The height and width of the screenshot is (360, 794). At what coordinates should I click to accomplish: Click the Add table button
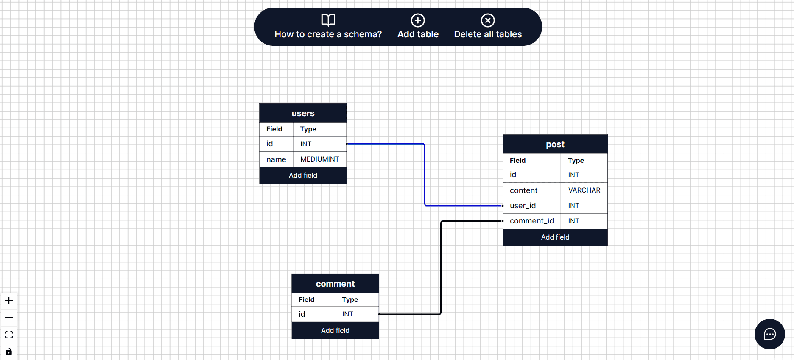[x=418, y=27]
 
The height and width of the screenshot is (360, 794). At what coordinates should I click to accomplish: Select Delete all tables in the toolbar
[x=488, y=27]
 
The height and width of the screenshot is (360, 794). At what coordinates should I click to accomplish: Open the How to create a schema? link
[x=328, y=27]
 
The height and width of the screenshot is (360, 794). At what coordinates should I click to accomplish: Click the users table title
[x=303, y=113]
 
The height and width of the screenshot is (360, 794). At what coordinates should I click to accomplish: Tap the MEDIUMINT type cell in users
[x=319, y=159]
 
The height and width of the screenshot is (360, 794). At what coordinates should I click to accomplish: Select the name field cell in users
[x=276, y=159]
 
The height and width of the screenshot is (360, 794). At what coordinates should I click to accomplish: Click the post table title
[x=555, y=144]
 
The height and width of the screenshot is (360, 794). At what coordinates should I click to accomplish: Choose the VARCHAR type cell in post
[x=584, y=190]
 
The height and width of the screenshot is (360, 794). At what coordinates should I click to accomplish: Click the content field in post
[x=523, y=190]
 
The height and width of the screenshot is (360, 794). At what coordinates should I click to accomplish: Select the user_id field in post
[x=523, y=206]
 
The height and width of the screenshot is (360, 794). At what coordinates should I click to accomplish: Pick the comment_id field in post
[x=531, y=221]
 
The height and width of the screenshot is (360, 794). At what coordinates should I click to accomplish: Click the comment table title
[x=335, y=284]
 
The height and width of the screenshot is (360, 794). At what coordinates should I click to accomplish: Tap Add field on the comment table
[x=335, y=330]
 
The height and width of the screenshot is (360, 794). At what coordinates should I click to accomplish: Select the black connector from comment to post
[x=441, y=267]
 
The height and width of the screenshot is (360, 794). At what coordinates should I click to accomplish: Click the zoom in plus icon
[x=9, y=301]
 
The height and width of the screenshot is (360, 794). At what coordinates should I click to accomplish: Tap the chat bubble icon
[x=769, y=334]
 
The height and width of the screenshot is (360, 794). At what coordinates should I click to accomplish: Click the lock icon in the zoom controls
[x=9, y=352]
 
